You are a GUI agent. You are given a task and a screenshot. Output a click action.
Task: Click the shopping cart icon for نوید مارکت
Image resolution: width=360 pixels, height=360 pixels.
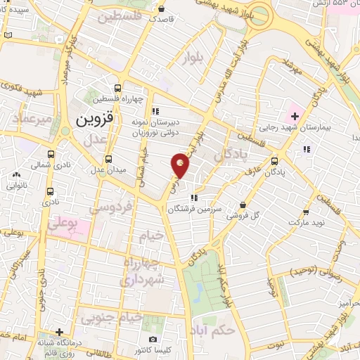point(306,211)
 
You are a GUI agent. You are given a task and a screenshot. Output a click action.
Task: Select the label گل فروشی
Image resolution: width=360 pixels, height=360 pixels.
point(243,216)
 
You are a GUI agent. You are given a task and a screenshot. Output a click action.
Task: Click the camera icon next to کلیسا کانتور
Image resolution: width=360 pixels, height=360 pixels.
point(153,340)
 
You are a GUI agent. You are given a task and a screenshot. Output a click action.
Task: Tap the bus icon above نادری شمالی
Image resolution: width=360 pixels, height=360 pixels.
point(50,154)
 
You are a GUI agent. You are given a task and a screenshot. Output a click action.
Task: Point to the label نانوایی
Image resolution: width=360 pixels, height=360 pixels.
point(17,186)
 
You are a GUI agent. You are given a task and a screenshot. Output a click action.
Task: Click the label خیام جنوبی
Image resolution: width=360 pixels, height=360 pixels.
point(112,318)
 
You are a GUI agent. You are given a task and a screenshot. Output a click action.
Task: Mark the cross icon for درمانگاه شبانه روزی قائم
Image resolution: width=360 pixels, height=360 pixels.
point(61,331)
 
